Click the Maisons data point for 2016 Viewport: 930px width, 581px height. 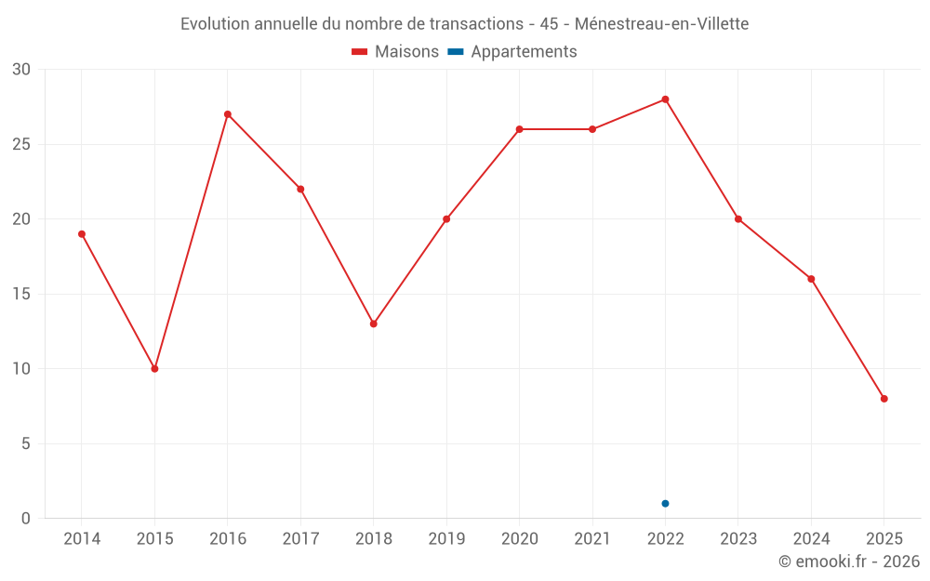(228, 114)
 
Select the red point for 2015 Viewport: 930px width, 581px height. (154, 369)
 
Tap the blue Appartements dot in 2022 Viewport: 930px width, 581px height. (665, 504)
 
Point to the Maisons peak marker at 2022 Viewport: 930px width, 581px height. (665, 99)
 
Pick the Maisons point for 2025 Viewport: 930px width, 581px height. (884, 399)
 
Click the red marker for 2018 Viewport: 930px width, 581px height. (373, 324)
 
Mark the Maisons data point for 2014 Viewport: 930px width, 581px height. (82, 234)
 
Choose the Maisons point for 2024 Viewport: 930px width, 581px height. (811, 279)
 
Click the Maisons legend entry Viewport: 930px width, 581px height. (395, 52)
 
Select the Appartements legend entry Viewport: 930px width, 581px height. (512, 52)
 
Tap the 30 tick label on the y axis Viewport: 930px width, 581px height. (21, 70)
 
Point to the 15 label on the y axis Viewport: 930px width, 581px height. (21, 295)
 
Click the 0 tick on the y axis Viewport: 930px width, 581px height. (26, 519)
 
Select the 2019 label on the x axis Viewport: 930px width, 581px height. (446, 539)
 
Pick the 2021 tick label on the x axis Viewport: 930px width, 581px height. (592, 539)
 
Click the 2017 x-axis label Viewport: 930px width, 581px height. (300, 539)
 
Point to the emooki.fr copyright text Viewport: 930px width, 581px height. (849, 561)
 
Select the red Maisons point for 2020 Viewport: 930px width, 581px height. (519, 129)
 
